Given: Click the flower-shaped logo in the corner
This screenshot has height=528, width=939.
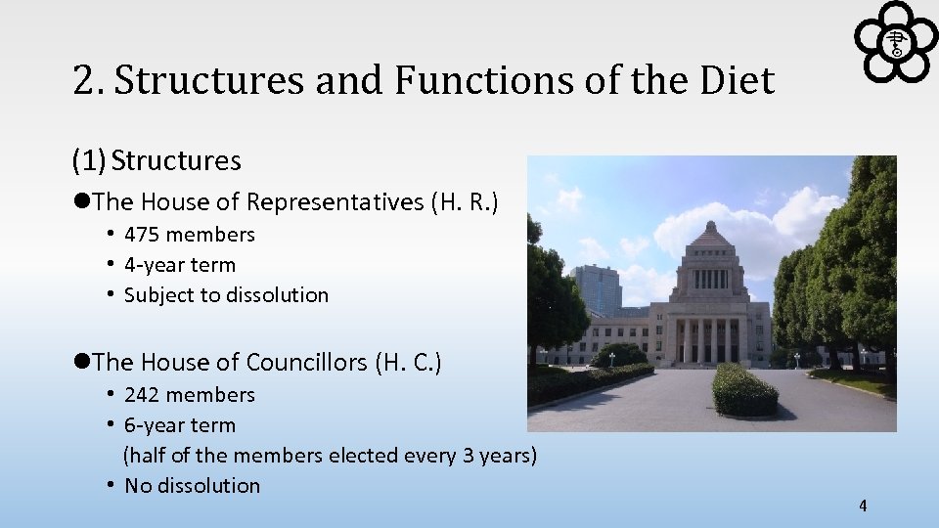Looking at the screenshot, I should (895, 41).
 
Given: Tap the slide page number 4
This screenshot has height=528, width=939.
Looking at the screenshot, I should (862, 506).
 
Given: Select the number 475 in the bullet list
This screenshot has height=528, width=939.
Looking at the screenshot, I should (143, 235).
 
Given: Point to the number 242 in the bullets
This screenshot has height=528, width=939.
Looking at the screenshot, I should (143, 395).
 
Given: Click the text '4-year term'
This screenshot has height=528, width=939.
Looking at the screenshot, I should (180, 265).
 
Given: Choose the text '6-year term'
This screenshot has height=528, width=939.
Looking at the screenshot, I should (180, 425).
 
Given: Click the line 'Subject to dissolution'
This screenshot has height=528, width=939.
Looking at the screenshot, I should (226, 295).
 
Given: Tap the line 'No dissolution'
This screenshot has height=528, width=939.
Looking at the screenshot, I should (192, 486).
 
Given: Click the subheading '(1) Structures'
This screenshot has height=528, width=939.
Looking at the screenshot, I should (156, 160).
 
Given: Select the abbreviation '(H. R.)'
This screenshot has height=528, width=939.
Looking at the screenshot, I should (465, 202).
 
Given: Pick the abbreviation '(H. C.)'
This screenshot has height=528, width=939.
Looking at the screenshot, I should (408, 363).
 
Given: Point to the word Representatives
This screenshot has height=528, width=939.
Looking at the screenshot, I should (335, 202).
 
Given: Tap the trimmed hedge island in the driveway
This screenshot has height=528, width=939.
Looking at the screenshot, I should (744, 389).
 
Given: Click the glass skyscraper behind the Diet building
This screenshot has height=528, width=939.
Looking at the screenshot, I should (597, 290).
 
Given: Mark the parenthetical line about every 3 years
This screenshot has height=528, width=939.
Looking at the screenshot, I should (330, 456).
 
